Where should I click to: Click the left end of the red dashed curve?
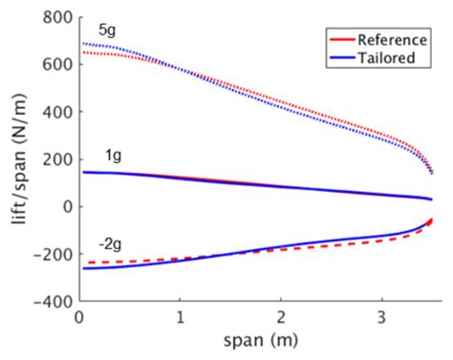click(x=88, y=262)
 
